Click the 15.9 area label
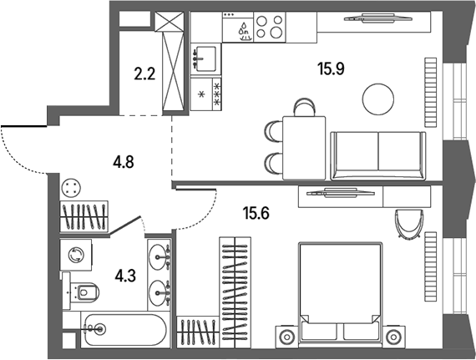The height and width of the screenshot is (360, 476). [331, 68]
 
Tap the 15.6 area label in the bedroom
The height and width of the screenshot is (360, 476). [256, 213]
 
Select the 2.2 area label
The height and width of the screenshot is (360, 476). [144, 74]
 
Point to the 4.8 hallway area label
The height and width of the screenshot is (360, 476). [124, 162]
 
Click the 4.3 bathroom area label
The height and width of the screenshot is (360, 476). [125, 276]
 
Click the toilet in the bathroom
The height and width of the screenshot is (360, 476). [81, 292]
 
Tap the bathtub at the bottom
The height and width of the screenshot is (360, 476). [125, 330]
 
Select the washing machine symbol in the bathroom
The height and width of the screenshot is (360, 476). [76, 255]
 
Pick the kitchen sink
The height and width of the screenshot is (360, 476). [204, 59]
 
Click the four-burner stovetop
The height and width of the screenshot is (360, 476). [270, 27]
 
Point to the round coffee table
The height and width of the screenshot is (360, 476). [378, 99]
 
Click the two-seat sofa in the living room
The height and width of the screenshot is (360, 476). [378, 155]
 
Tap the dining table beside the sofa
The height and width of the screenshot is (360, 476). [304, 148]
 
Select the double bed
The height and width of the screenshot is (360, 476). [340, 293]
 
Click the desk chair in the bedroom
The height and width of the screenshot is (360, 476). [408, 222]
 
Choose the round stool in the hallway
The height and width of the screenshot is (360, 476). [71, 188]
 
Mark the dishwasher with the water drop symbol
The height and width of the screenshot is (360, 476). [238, 27]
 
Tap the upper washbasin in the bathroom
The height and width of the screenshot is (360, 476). [159, 257]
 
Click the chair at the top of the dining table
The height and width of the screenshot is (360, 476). [304, 107]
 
